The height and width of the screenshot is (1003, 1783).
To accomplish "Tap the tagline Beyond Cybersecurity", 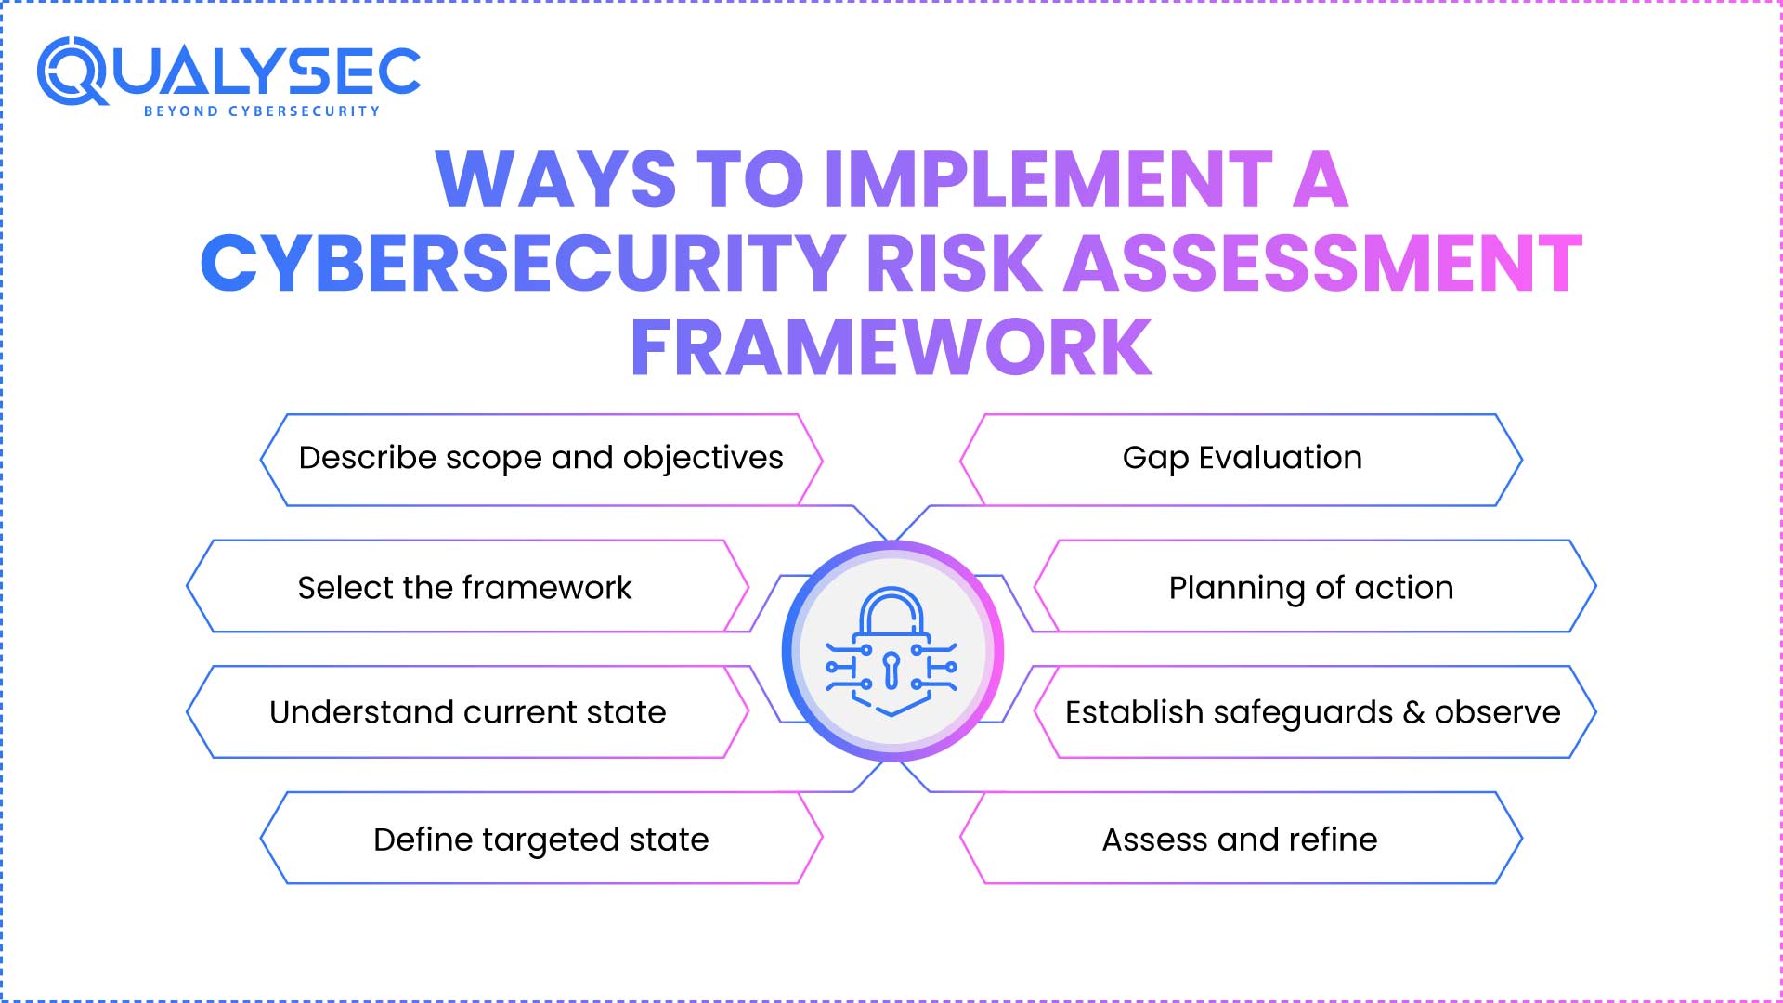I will click(262, 111).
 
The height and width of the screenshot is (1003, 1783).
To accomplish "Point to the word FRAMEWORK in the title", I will click(891, 347).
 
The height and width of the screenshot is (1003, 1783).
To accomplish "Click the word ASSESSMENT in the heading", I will click(1323, 264).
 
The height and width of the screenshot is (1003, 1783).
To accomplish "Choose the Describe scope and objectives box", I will click(540, 459).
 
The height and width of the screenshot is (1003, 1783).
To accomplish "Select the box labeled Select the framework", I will click(464, 587).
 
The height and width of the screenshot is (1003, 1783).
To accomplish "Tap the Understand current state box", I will click(467, 712).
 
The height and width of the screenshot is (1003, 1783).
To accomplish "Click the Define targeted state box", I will click(540, 840).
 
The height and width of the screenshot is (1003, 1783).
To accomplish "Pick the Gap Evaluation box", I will click(1242, 459).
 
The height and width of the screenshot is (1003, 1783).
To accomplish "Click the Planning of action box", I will click(1310, 587).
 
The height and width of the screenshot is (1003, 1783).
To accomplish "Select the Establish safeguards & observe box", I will click(1312, 712).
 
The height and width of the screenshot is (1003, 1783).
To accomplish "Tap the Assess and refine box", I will click(1240, 840).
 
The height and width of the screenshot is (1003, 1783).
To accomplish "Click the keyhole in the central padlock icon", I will click(891, 669).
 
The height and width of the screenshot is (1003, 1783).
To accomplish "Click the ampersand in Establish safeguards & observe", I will click(1413, 712).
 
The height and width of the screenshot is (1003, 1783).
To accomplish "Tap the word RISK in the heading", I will click(955, 264).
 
